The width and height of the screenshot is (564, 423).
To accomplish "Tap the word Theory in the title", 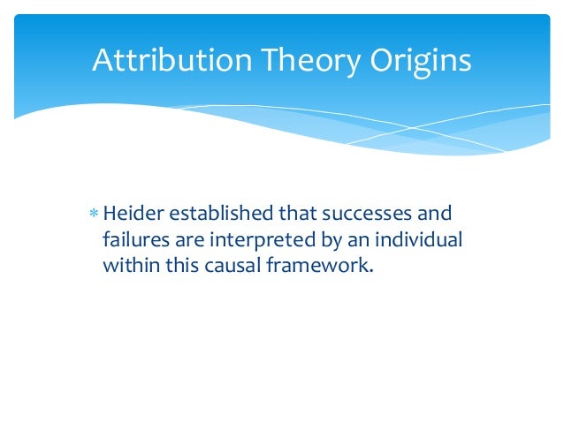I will (287, 61).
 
